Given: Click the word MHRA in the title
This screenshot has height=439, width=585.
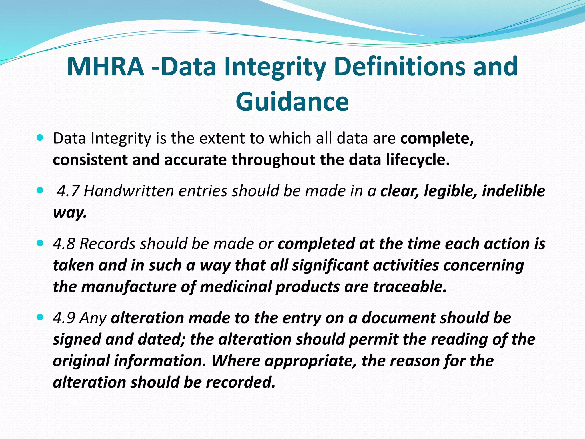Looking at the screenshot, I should tap(105, 67).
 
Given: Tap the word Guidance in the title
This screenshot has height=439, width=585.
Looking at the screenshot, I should tap(292, 102).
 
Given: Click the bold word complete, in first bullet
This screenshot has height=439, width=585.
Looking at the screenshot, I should tap(437, 139).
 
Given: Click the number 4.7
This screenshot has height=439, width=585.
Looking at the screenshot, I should tap(68, 191).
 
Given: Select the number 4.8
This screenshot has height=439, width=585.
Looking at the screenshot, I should tap(64, 244).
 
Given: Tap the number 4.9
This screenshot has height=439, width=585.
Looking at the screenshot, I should tap(64, 318).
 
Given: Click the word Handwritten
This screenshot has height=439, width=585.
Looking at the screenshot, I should tap(129, 191).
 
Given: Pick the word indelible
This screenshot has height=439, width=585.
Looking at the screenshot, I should tap(514, 191).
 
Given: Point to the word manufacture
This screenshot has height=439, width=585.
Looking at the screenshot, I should tap(129, 287).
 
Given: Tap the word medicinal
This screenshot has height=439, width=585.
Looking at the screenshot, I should tap(235, 287).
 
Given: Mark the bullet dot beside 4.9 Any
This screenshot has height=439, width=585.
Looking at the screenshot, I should tap(40, 317).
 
